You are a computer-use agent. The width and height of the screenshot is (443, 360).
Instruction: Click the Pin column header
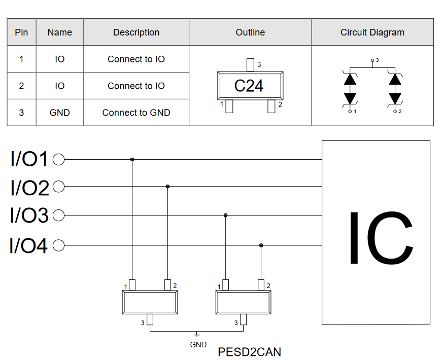click(21, 32)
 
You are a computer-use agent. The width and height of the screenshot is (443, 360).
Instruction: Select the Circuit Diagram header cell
click(372, 32)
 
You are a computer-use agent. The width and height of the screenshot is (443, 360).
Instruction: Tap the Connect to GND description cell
click(136, 113)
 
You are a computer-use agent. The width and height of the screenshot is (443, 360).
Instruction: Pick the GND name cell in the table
click(59, 113)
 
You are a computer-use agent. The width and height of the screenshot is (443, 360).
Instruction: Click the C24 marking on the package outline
click(249, 86)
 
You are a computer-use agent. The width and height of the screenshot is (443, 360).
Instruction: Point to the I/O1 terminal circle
click(58, 160)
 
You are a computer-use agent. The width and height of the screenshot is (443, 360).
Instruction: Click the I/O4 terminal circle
click(58, 245)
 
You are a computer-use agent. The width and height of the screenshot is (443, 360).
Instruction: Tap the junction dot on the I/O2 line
click(167, 187)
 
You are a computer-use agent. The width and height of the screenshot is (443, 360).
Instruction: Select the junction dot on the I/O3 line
click(225, 215)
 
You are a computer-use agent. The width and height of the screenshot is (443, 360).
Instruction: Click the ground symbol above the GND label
click(197, 335)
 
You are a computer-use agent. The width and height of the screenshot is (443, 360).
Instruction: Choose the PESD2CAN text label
click(250, 352)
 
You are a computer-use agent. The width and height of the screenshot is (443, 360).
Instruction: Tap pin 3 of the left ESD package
click(150, 319)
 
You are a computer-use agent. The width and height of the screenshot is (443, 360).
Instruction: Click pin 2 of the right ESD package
click(261, 285)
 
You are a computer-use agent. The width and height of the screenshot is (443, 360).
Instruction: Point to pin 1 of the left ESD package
click(132, 285)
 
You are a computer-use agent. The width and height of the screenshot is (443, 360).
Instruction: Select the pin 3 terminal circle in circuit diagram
click(372, 60)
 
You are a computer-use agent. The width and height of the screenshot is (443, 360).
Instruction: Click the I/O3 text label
click(29, 215)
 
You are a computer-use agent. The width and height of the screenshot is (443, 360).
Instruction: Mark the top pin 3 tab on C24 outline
click(250, 65)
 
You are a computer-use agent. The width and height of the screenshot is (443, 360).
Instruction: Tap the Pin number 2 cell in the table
click(21, 86)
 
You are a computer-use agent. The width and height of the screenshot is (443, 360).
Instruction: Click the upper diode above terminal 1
click(350, 79)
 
